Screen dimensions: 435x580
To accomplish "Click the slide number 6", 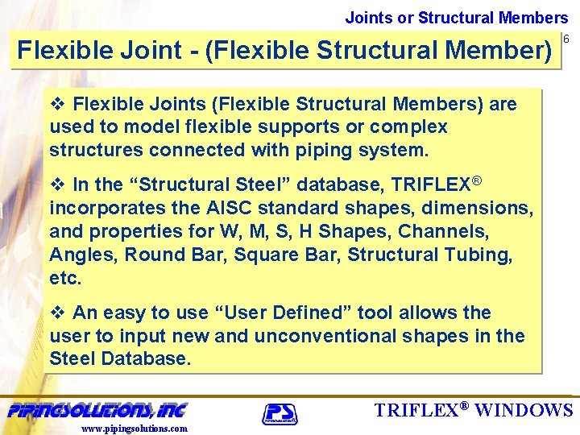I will (566, 39).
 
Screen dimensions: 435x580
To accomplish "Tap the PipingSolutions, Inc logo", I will (97, 410).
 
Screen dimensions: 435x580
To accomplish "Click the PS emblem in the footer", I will (280, 414).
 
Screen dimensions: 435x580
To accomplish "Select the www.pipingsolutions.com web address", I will (135, 429).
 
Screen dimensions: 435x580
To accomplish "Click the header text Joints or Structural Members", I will (457, 17).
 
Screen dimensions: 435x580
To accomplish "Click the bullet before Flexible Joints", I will (57, 104).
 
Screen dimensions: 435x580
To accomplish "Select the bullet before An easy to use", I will (57, 313).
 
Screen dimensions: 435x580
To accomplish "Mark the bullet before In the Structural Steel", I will (57, 184).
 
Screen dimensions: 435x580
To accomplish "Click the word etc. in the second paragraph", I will (64, 278).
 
